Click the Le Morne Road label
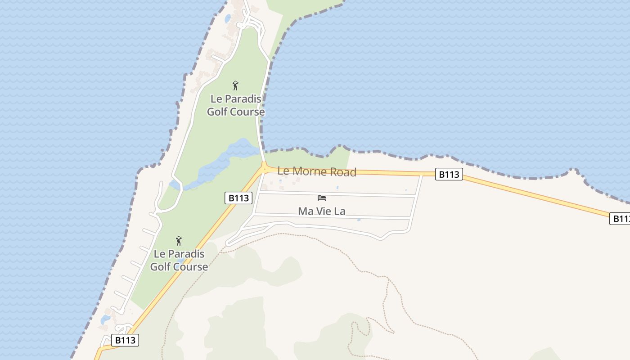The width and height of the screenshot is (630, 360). [x=316, y=171]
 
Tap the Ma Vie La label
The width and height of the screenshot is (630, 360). [x=321, y=211]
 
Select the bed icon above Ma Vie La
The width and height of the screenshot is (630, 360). [x=321, y=198]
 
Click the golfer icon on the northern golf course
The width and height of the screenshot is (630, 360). [x=235, y=85]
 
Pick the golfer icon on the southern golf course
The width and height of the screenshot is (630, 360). [x=179, y=241]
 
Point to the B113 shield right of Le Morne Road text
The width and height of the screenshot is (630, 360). [x=449, y=175]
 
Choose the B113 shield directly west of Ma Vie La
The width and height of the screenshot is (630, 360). [x=238, y=198]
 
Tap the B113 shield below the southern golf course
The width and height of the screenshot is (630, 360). [x=125, y=340]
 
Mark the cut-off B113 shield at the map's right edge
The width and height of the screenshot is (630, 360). [x=620, y=219]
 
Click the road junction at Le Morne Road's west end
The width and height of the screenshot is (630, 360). [x=264, y=170]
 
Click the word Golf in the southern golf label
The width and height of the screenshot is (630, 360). [x=160, y=267]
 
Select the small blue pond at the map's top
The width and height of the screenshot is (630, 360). [x=228, y=18]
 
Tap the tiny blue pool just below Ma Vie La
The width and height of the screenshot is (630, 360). [x=359, y=220]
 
